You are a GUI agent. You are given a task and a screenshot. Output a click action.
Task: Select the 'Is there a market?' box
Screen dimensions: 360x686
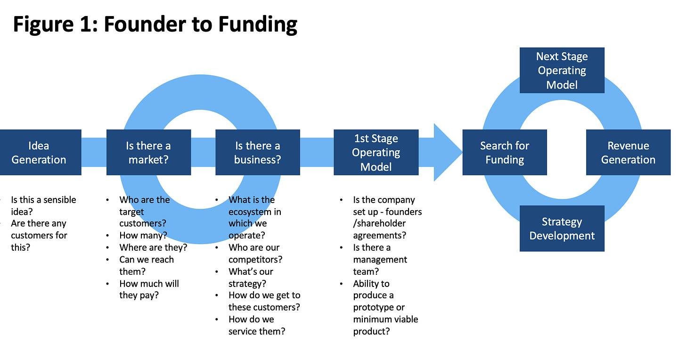(x=148, y=152)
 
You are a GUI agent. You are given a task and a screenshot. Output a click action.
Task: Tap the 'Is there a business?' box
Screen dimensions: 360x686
(x=257, y=152)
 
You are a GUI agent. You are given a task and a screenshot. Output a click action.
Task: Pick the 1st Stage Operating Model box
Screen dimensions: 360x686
(x=376, y=152)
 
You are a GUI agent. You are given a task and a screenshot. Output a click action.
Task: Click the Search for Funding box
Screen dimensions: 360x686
(x=505, y=152)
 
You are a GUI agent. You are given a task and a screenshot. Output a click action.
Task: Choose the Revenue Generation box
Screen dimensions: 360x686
(x=628, y=152)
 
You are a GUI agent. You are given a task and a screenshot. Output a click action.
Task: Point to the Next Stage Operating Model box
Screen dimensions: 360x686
(x=562, y=70)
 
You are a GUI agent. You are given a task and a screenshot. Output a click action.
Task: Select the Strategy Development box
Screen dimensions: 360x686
(x=562, y=229)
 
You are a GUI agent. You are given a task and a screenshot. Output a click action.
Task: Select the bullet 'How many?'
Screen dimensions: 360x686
(x=143, y=236)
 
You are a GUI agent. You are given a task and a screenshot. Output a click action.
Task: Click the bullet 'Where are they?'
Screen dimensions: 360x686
(x=153, y=247)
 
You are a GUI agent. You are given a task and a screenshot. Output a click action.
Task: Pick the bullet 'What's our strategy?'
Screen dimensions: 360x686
(x=251, y=278)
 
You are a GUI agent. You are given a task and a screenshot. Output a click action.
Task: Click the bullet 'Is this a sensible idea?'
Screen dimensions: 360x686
(x=43, y=205)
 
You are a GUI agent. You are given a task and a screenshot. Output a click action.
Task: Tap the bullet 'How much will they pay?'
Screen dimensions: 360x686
(x=149, y=289)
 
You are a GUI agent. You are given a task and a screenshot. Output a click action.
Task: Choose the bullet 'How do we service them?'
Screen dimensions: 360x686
(x=257, y=325)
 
